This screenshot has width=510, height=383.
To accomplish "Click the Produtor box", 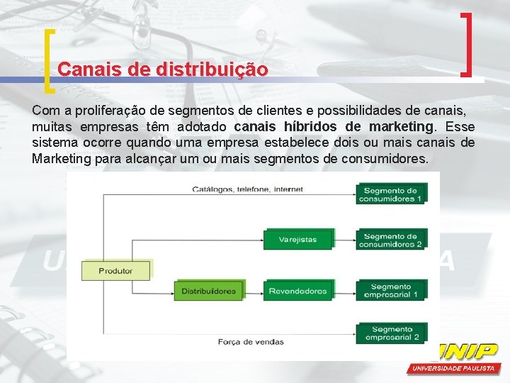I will click(x=116, y=270).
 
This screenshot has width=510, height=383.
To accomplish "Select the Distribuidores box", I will click(x=208, y=291).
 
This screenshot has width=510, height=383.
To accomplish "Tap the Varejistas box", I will click(x=297, y=240).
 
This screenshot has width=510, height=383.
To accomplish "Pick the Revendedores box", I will click(x=297, y=291).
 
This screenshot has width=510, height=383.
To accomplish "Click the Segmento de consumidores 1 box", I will click(x=390, y=194).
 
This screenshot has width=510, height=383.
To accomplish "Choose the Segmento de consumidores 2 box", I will click(x=390, y=240).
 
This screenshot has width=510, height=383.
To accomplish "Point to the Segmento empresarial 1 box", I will click(x=390, y=290).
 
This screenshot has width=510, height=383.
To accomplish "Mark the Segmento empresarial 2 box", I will click(x=390, y=333).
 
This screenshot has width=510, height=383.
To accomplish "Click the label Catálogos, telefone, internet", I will click(x=247, y=189).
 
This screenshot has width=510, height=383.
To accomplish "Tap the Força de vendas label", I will click(x=251, y=342).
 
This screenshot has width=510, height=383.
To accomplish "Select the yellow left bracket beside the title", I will click(x=48, y=62).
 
